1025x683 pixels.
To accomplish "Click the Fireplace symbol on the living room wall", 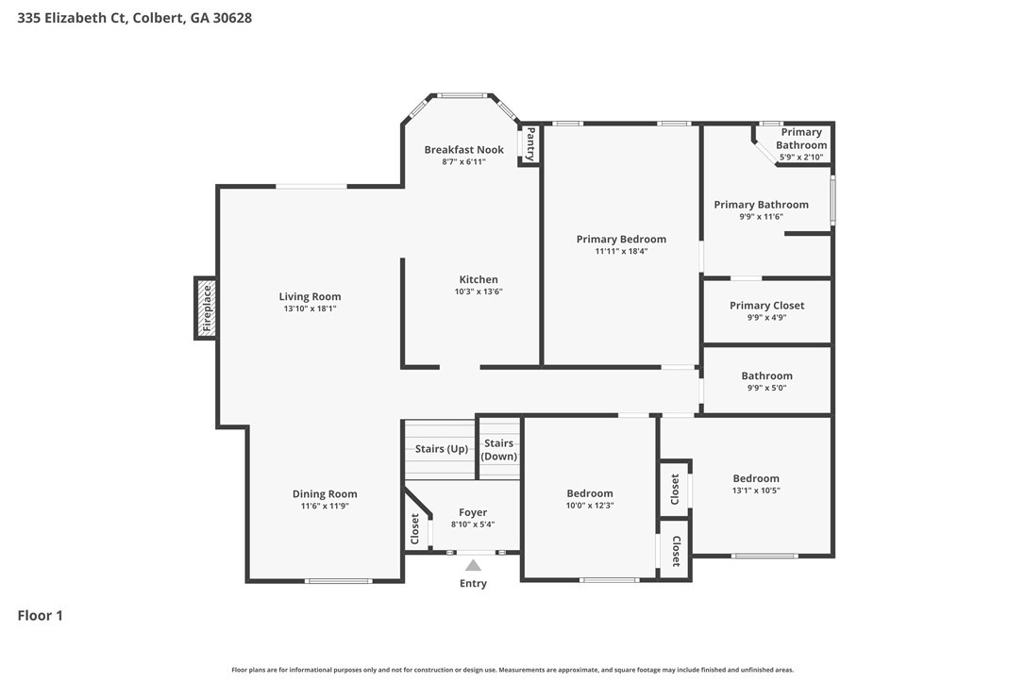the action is (x=206, y=308).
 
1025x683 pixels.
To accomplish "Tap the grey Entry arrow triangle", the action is (x=473, y=565).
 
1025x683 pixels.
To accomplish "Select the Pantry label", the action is (x=530, y=143).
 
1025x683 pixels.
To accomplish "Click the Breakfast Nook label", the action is (x=464, y=150).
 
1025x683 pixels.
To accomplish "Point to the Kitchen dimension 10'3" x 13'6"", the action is (x=479, y=292).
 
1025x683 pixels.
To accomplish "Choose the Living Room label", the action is (x=310, y=297).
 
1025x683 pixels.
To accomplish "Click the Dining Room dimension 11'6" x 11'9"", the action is (x=325, y=506).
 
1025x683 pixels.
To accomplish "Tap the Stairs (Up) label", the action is (x=442, y=449).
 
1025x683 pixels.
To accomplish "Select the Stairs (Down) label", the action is (x=498, y=450).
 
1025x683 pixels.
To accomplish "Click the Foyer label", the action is (x=473, y=512).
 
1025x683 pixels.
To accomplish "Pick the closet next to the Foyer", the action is (x=414, y=528).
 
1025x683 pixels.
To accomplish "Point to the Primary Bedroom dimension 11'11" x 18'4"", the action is (x=621, y=251).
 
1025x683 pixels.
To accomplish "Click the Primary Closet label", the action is (x=766, y=306).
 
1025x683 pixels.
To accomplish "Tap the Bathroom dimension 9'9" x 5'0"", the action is (x=766, y=388).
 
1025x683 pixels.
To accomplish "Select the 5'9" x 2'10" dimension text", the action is (x=801, y=157).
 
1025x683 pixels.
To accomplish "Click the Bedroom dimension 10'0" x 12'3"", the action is (x=590, y=506).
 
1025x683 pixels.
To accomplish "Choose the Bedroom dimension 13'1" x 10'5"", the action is (x=756, y=491).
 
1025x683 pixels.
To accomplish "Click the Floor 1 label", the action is (x=40, y=616).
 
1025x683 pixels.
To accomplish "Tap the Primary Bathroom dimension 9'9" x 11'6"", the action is (x=761, y=216).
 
